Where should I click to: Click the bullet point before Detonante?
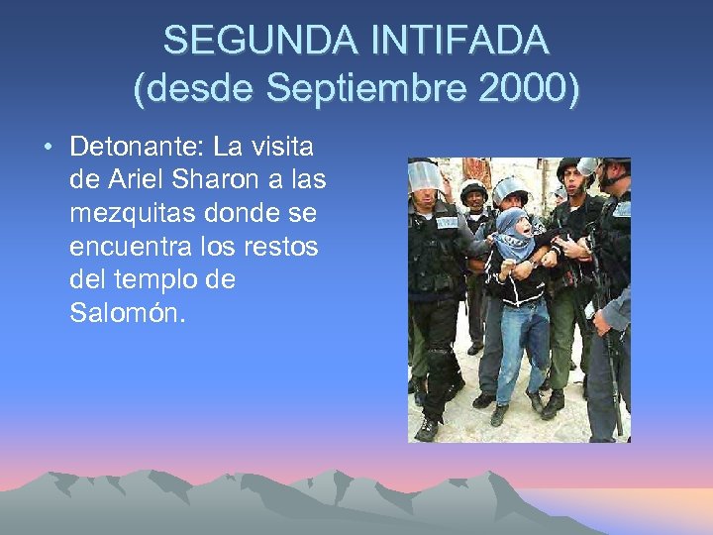tap(48, 149)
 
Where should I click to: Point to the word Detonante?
tap(137, 149)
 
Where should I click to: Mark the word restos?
tap(282, 248)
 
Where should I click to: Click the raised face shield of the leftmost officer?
tap(424, 176)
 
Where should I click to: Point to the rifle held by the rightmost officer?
tap(606, 327)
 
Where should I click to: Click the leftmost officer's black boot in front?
tap(427, 429)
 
